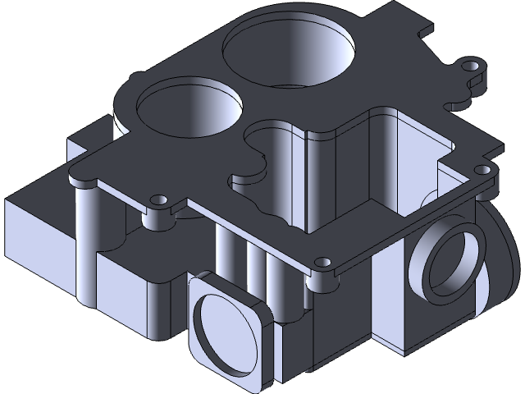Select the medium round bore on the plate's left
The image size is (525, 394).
click(189, 107)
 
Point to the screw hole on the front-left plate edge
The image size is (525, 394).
click(156, 199)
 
